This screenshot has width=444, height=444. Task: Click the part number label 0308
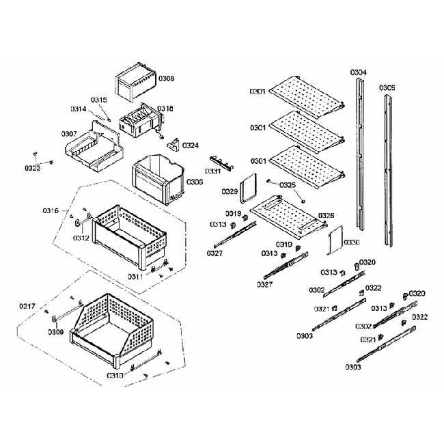pos(166,79)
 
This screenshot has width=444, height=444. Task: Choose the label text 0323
pos(33,167)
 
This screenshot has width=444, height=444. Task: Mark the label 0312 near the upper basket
pos(81,238)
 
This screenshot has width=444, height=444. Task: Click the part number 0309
pos(56,332)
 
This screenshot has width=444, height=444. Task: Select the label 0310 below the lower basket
pos(115,375)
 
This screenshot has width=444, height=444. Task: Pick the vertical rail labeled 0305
pos(387,171)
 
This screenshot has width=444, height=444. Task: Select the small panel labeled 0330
pos(334,239)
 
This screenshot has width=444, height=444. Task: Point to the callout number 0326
pos(326,215)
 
